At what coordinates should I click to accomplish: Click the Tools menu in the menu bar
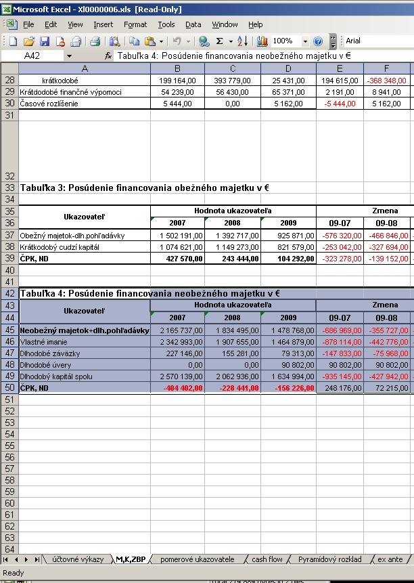click(x=166, y=24)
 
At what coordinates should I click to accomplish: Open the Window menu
click(x=225, y=24)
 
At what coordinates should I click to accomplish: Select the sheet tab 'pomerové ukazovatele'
click(x=197, y=559)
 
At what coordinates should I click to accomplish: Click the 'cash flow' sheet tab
click(x=267, y=559)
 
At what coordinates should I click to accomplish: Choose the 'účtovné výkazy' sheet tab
click(x=78, y=559)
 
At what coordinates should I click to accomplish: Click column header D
click(x=288, y=68)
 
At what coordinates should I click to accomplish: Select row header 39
click(x=9, y=259)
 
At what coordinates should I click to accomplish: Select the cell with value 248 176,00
click(x=340, y=388)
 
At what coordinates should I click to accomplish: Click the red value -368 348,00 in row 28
click(x=386, y=81)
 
